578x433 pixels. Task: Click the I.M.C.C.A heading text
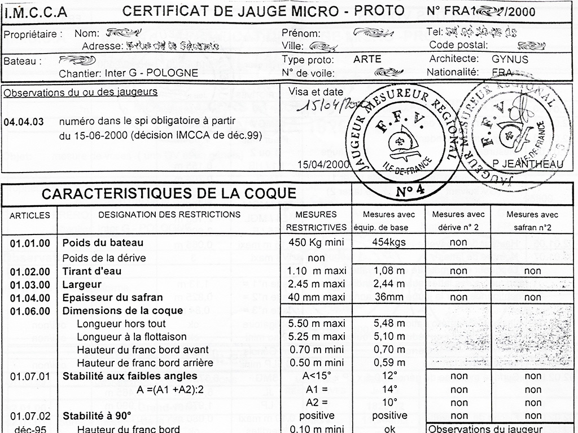(x=36, y=11)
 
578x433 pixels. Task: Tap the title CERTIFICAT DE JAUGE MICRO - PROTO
(x=263, y=11)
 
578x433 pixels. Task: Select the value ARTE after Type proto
(x=367, y=59)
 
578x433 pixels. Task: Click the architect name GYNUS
(x=510, y=59)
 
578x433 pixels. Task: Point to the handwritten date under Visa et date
(x=322, y=104)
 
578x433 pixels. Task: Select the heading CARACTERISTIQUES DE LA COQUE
(x=169, y=194)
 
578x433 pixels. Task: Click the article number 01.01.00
(x=30, y=244)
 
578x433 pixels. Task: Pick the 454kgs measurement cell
(x=389, y=242)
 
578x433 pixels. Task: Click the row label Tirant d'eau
(x=91, y=271)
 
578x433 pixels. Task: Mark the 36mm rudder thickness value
(x=389, y=297)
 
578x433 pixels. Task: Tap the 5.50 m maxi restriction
(x=316, y=324)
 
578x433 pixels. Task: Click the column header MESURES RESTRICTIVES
(x=316, y=221)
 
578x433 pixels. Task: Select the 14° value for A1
(x=389, y=389)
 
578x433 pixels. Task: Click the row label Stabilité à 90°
(x=97, y=416)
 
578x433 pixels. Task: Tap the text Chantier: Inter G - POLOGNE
(x=128, y=73)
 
